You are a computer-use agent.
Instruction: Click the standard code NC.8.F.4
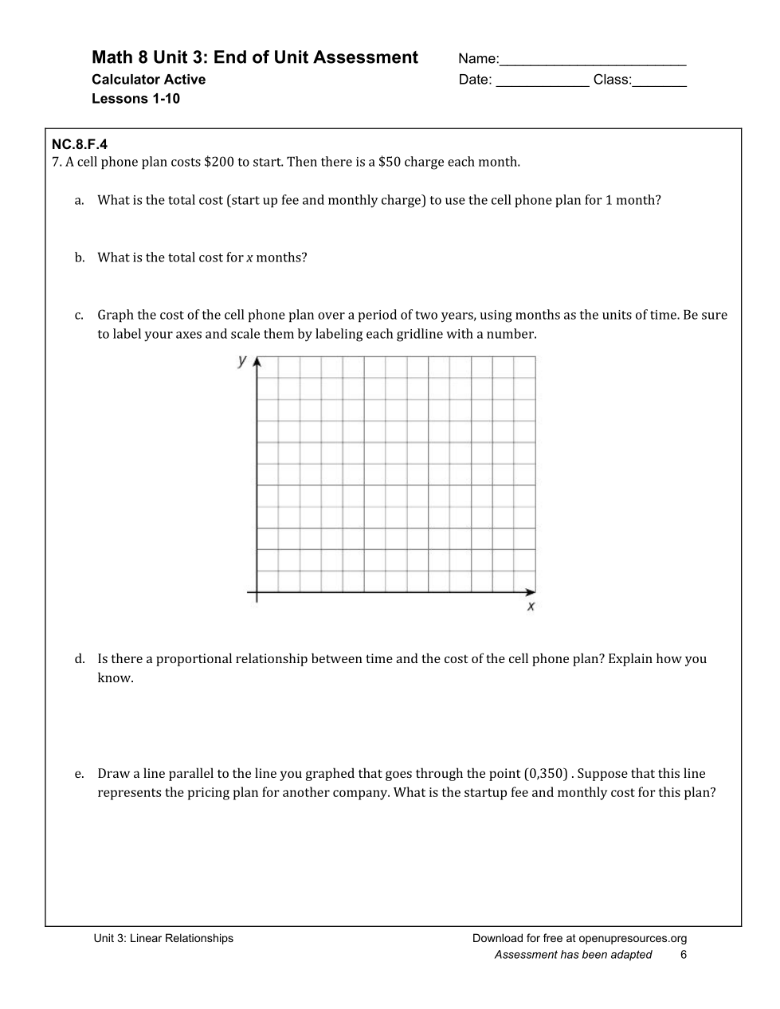pyautogui.click(x=79, y=145)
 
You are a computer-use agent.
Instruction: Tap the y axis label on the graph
pyautogui.click(x=242, y=361)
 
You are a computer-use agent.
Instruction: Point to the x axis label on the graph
pyautogui.click(x=531, y=607)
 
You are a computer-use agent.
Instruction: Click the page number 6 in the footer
pyautogui.click(x=684, y=955)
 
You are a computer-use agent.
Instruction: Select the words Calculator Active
pyautogui.click(x=148, y=80)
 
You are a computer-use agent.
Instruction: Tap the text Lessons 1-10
pyautogui.click(x=135, y=99)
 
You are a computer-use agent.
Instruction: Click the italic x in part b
pyautogui.click(x=249, y=258)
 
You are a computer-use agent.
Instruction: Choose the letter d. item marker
pyautogui.click(x=80, y=659)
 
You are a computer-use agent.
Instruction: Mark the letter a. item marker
pyautogui.click(x=79, y=201)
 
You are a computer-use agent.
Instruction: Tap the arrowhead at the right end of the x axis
pyautogui.click(x=531, y=592)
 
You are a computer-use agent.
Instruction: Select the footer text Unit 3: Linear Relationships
pyautogui.click(x=163, y=938)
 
